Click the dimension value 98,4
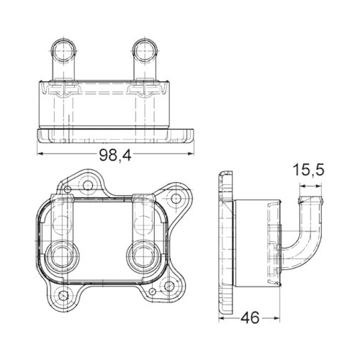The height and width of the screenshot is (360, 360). [114, 156]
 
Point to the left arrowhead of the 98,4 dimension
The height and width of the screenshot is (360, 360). [40, 155]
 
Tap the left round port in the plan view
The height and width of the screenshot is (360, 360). [60, 255]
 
